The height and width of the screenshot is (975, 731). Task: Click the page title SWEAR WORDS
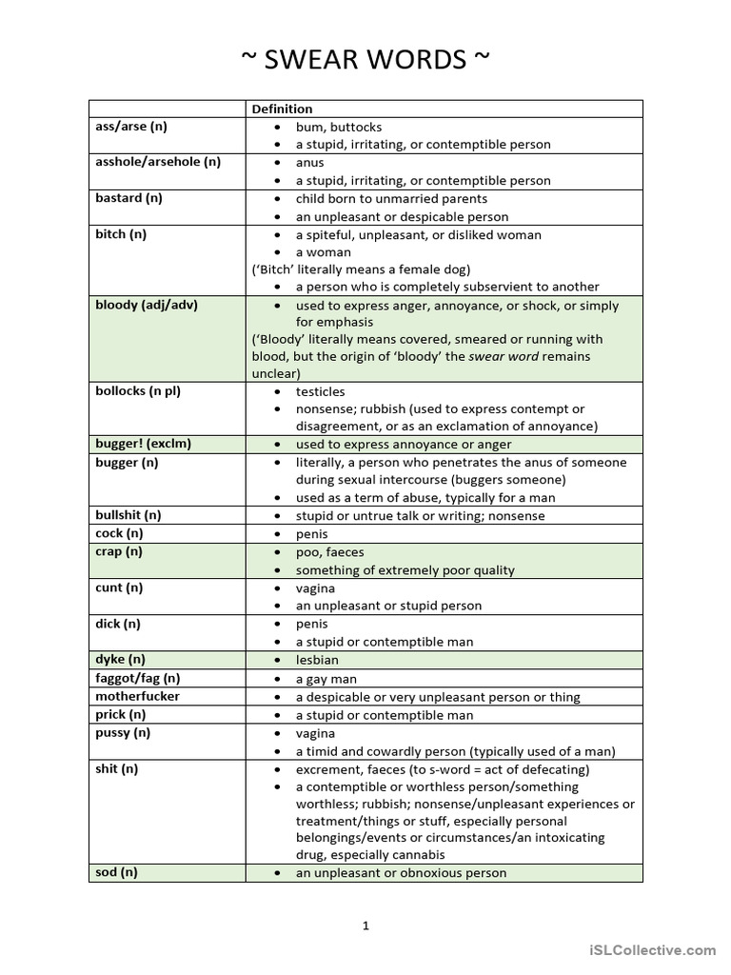[x=365, y=60]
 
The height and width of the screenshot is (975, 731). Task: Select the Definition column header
[x=282, y=109]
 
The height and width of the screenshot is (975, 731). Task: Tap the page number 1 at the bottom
[x=365, y=925]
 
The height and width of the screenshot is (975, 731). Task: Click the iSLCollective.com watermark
[x=652, y=949]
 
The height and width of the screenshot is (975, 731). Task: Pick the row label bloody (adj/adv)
[x=147, y=306]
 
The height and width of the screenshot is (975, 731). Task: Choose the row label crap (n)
[x=119, y=552]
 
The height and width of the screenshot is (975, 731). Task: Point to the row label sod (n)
[x=116, y=872]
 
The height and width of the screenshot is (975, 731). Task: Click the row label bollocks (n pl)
[x=139, y=391]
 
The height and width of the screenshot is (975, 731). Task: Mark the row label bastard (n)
[x=128, y=199]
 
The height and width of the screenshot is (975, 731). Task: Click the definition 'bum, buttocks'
[x=339, y=127]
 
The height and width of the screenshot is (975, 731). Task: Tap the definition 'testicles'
[x=321, y=391]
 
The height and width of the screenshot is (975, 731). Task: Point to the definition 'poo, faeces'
[x=330, y=552]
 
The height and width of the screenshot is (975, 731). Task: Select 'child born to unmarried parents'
[x=391, y=199]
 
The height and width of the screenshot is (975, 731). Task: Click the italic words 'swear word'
[x=503, y=357]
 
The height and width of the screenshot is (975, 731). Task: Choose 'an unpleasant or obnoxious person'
[x=401, y=873]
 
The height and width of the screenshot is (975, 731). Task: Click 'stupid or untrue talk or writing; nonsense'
[x=420, y=516]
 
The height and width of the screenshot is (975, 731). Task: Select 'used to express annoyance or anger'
[x=404, y=445]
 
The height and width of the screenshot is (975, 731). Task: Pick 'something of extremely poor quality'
[x=405, y=570]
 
